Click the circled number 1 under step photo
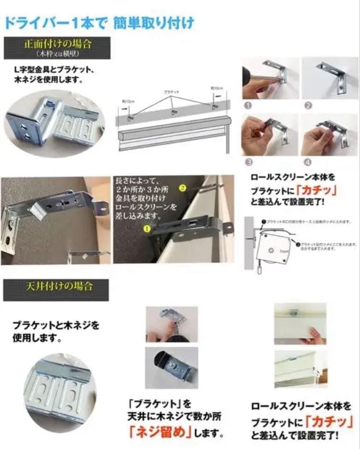247,106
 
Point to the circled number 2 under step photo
308,106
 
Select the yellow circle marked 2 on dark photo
181,187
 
